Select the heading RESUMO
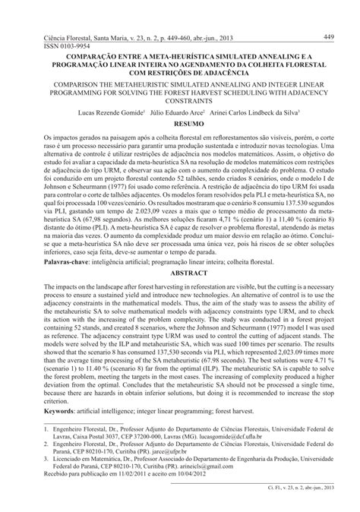point(180,122)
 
